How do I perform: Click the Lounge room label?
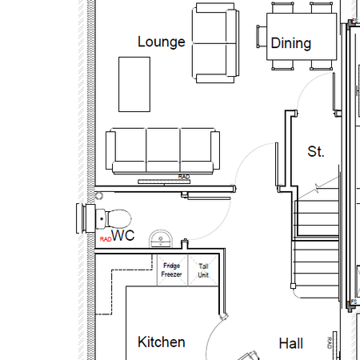(x=161, y=42)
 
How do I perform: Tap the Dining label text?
(x=290, y=43)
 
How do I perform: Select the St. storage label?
(x=316, y=151)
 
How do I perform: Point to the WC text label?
(x=122, y=236)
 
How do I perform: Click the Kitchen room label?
(x=162, y=342)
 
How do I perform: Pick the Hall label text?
(x=290, y=343)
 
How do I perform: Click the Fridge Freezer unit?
(x=172, y=270)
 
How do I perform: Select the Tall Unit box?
(x=203, y=270)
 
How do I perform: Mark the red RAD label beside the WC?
(x=105, y=238)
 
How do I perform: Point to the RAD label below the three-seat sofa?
(x=184, y=177)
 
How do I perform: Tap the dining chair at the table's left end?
(x=260, y=37)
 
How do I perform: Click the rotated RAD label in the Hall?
(x=329, y=343)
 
